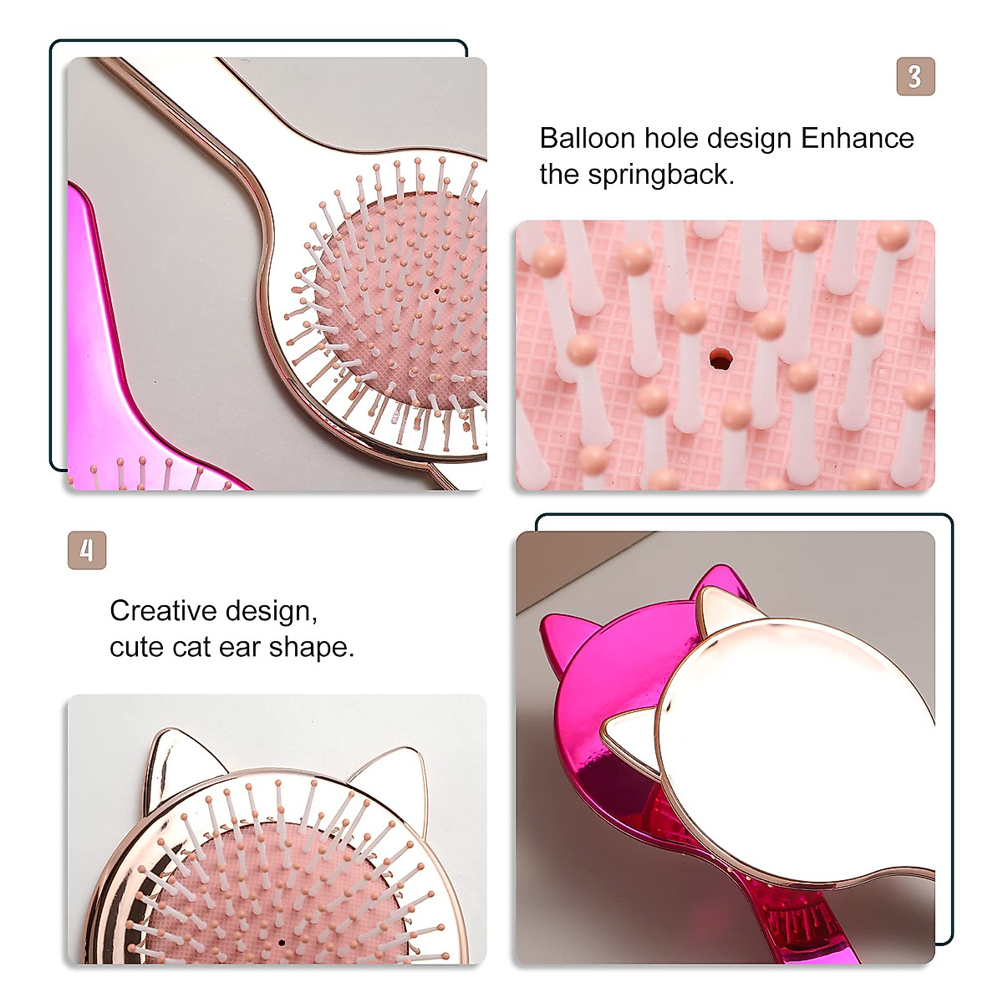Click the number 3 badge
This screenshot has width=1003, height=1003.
915,77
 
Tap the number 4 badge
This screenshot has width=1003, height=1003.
87,551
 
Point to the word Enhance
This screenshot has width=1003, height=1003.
858,138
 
